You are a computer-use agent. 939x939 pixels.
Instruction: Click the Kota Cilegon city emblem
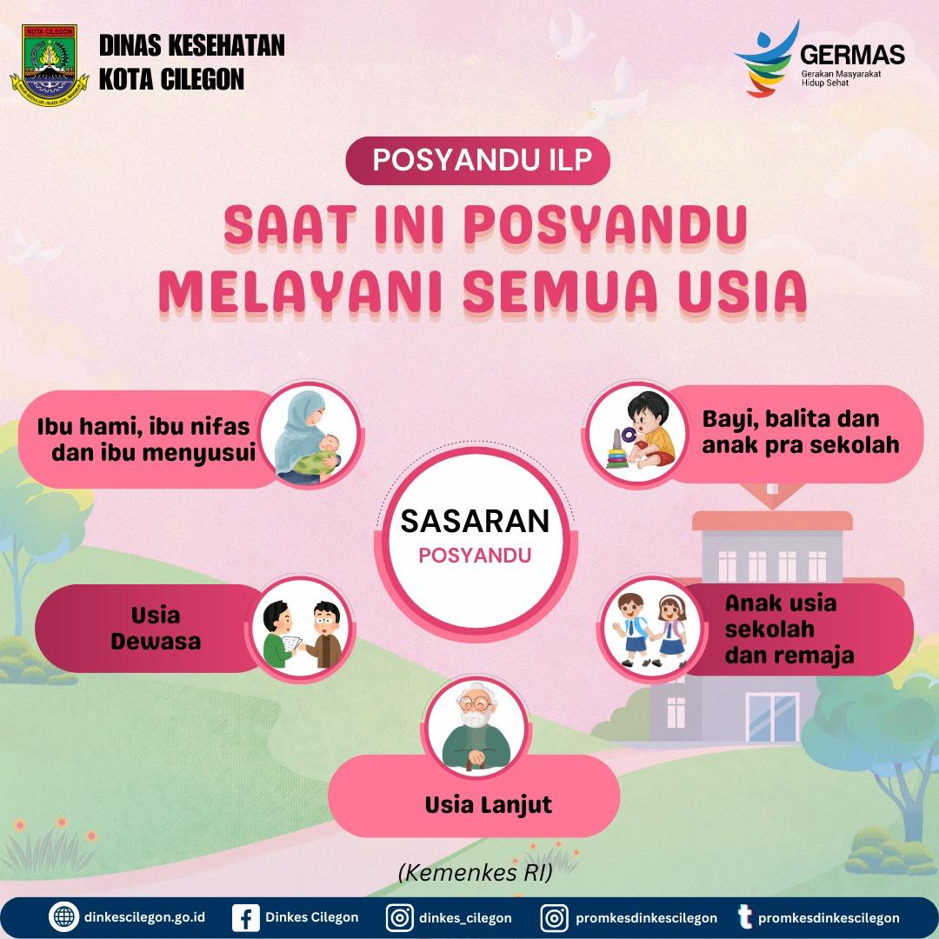point(49,65)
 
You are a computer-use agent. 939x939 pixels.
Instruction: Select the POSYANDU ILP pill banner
point(478,161)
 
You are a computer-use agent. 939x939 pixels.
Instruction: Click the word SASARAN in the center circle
point(475,521)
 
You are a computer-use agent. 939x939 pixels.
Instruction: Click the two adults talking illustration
point(303,634)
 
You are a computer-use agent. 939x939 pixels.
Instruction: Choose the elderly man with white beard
point(476,728)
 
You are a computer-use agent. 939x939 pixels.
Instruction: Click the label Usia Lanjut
point(489,805)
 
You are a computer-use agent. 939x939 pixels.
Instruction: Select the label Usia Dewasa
point(156,629)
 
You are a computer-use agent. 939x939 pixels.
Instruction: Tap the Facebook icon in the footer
point(245,917)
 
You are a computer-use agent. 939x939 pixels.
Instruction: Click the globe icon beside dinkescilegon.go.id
point(64,917)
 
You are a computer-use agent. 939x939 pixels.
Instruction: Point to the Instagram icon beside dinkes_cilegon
point(399,917)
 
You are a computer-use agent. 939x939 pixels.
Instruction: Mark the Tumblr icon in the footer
point(744,917)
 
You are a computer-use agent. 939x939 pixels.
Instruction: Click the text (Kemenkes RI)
point(476,873)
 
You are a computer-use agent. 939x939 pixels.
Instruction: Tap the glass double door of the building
point(773,717)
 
